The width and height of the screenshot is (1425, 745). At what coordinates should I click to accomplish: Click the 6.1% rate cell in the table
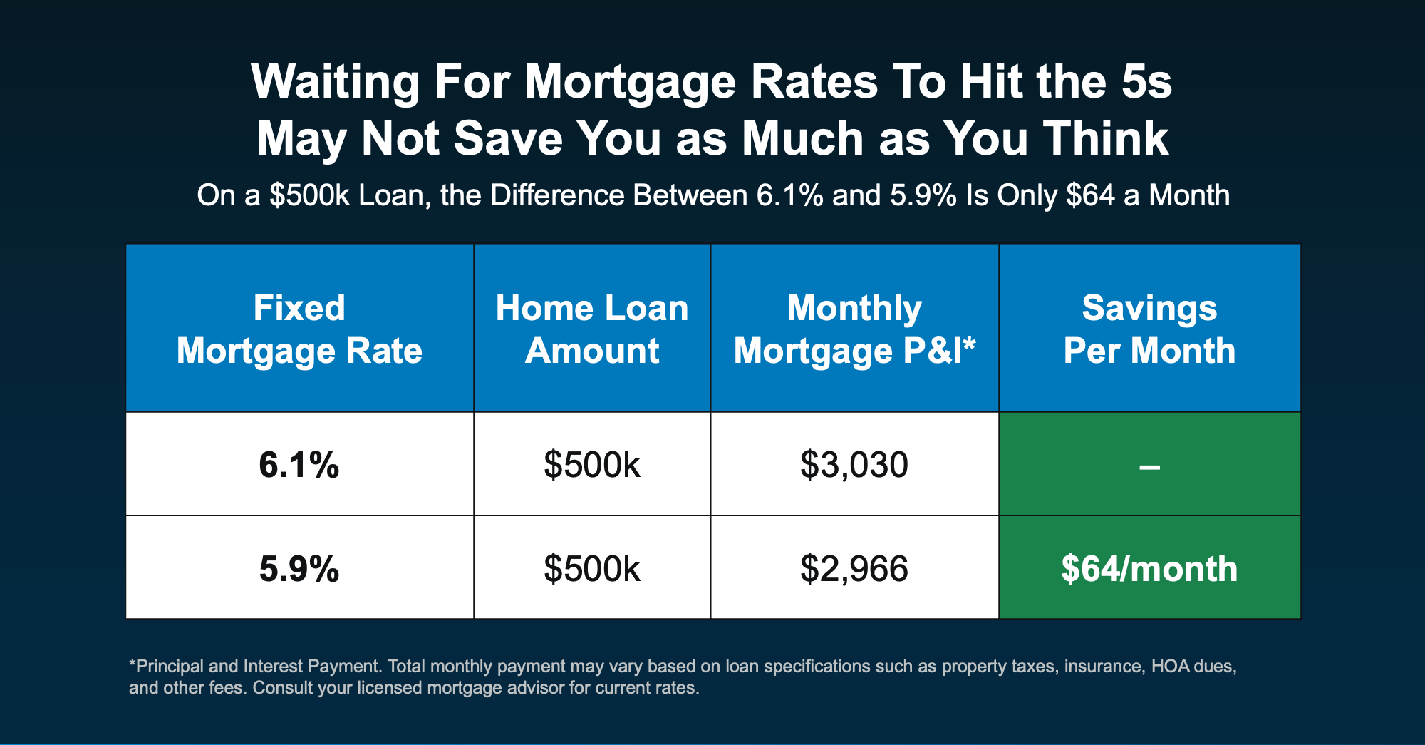click(x=299, y=465)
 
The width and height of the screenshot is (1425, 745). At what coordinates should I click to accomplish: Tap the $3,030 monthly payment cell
click(x=854, y=465)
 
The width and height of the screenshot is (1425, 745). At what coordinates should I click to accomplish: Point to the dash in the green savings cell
click(x=1149, y=468)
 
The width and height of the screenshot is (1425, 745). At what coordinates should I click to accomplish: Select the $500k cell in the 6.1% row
click(x=592, y=465)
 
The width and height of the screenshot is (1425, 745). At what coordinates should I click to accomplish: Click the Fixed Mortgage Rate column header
click(x=299, y=329)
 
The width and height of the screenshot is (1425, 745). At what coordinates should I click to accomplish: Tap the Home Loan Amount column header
click(x=592, y=329)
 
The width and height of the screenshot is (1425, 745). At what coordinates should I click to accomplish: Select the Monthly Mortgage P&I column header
click(x=854, y=329)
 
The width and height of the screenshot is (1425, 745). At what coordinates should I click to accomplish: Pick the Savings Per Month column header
click(x=1149, y=329)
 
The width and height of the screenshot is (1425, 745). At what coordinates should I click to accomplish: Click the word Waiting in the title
click(x=336, y=83)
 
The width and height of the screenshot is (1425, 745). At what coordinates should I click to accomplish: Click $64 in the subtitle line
click(x=1090, y=195)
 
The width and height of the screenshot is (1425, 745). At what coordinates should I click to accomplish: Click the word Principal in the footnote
click(x=170, y=667)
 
